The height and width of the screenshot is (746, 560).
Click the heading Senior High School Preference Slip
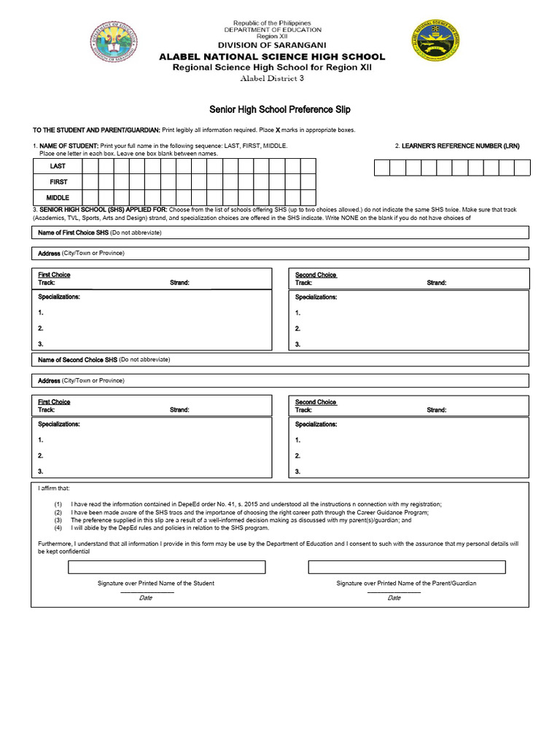point(280,109)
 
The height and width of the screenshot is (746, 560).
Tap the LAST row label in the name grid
point(58,166)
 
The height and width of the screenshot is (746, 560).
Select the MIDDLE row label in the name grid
point(58,197)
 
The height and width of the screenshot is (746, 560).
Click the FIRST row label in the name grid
point(58,182)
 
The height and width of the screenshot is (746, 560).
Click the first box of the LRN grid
point(381,168)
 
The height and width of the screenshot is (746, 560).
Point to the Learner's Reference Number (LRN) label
point(457,146)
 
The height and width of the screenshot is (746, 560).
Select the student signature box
point(166,567)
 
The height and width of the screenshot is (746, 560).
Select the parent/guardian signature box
point(406,567)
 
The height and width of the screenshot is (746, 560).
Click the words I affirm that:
point(55,488)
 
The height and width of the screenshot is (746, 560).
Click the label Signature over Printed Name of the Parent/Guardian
point(406,584)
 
